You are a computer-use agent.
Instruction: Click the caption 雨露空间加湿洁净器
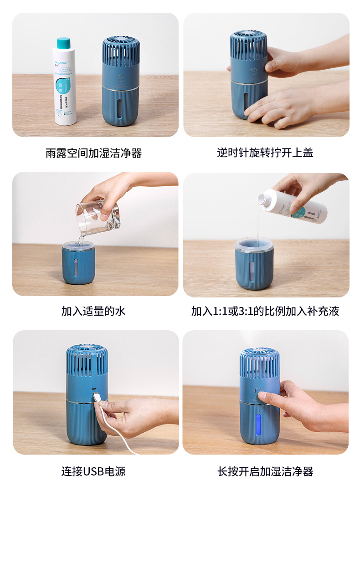(93, 153)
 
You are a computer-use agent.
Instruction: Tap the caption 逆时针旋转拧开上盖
(265, 153)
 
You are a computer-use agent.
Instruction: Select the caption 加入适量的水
(93, 311)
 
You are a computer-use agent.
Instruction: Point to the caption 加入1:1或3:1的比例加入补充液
(265, 311)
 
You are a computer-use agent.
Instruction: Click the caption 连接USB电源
(93, 471)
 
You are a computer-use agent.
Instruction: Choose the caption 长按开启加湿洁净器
(265, 471)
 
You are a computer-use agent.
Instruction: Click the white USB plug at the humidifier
(98, 397)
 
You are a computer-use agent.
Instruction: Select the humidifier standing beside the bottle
(121, 82)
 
